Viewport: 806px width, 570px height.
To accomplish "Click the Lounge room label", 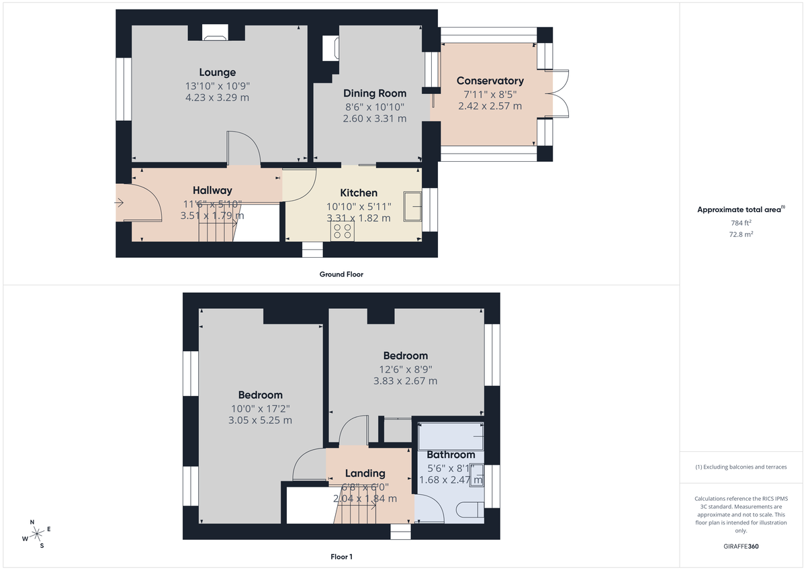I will click(217, 73).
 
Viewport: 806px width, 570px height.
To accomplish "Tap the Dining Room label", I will click(375, 93).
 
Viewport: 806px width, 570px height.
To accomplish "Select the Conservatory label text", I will click(490, 81).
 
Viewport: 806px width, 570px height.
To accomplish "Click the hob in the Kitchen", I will click(342, 231).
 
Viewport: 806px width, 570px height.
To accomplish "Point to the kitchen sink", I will click(412, 206).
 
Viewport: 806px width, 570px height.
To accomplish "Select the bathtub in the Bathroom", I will click(450, 435).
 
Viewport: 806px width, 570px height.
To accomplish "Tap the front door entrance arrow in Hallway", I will click(120, 202).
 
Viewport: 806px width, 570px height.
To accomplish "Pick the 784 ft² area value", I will click(741, 223).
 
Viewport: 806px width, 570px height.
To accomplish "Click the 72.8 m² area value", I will click(741, 235).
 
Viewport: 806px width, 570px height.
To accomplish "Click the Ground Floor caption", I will click(341, 274).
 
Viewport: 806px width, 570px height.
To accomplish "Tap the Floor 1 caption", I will click(341, 557).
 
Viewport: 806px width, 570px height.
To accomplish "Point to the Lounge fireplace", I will click(215, 33).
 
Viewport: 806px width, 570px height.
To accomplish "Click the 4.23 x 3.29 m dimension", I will click(217, 97).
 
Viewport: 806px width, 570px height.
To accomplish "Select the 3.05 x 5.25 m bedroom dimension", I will click(260, 420).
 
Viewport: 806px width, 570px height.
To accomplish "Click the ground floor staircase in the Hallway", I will click(215, 229).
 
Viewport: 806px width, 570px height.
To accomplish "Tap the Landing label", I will click(365, 473).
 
